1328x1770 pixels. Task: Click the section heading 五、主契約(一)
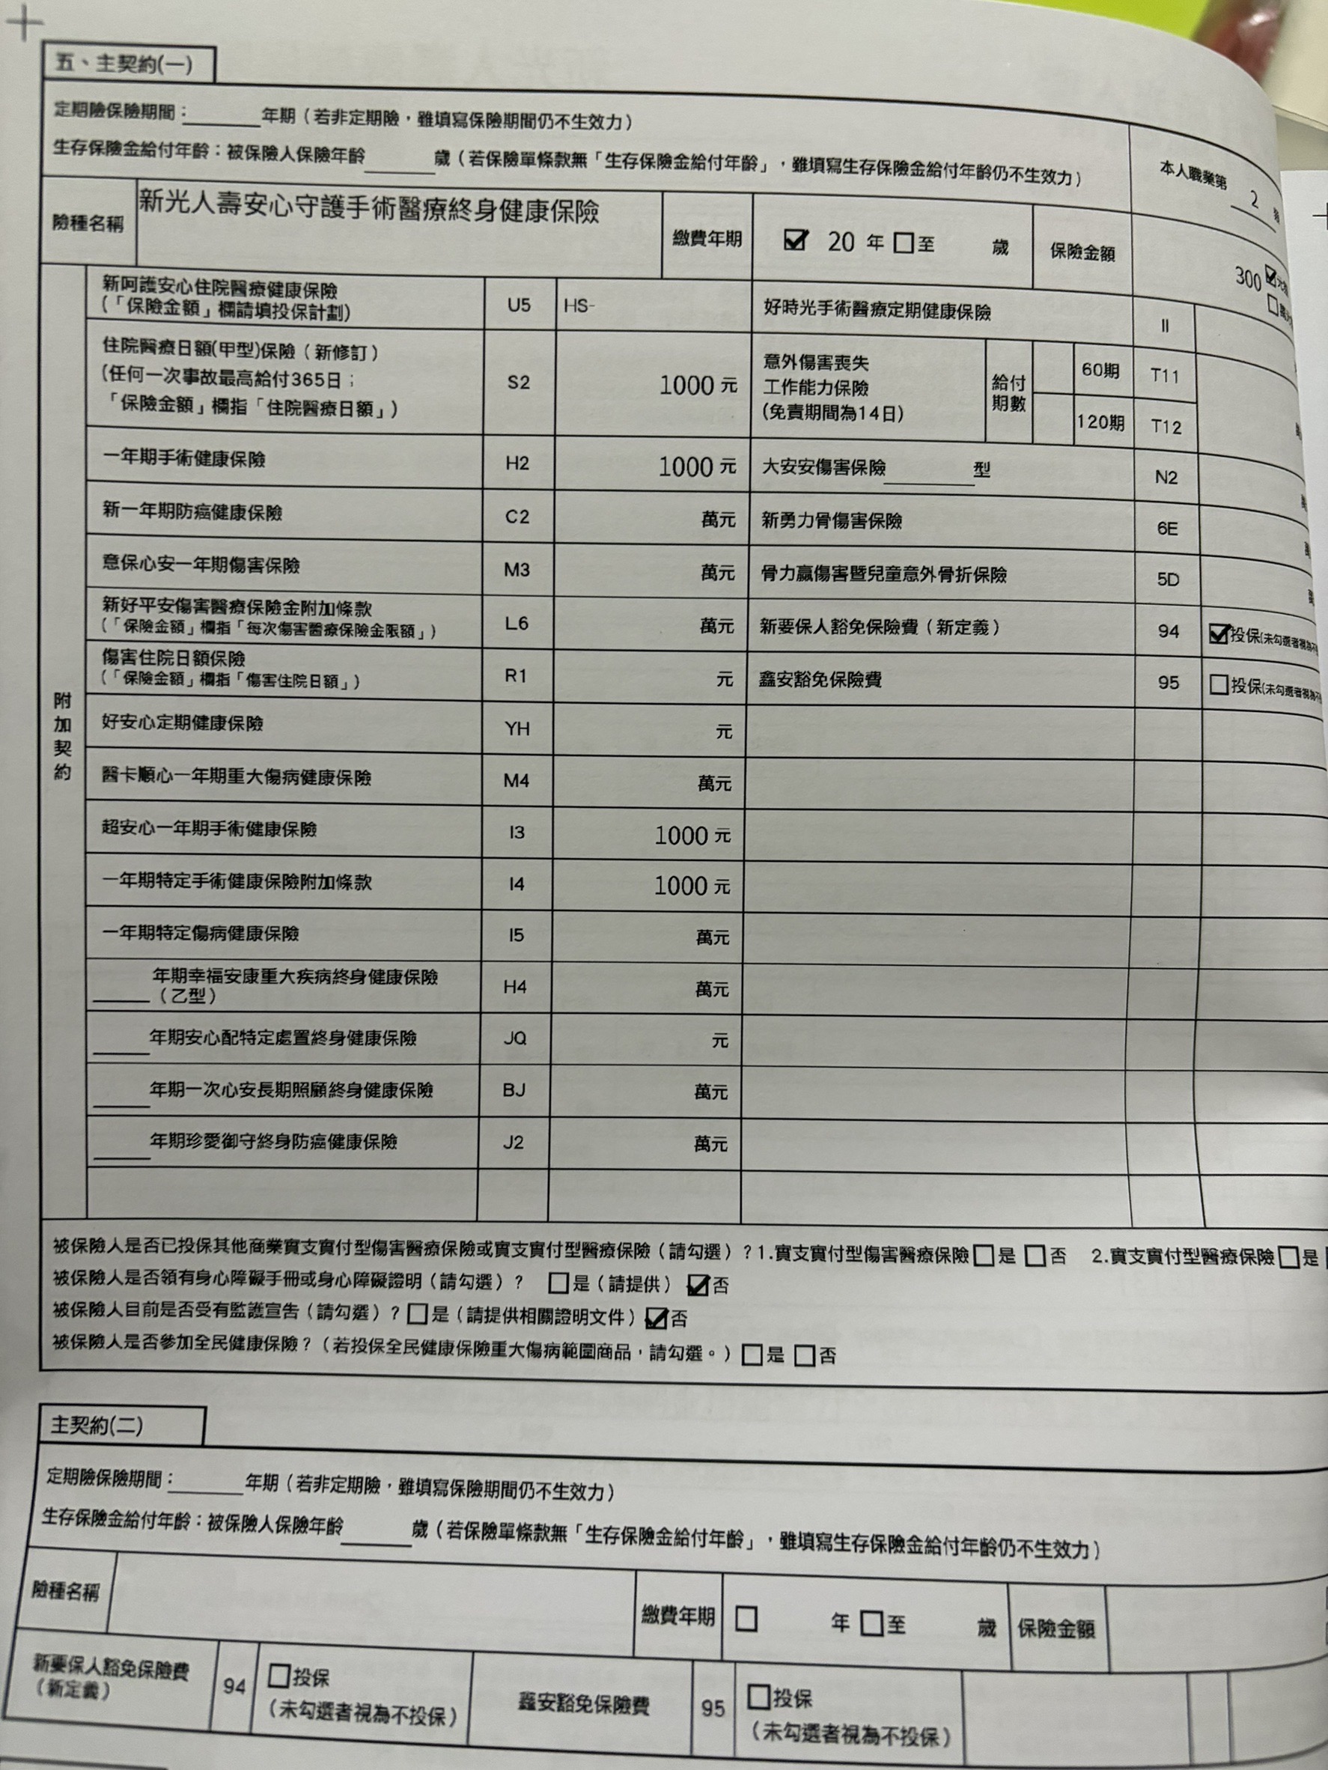pos(125,63)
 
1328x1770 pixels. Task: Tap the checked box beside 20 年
pos(795,240)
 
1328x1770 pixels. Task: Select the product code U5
pos(519,305)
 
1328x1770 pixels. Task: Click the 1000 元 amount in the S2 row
pos(697,386)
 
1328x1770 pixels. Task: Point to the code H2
pos(517,463)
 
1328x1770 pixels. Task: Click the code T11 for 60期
pos(1165,375)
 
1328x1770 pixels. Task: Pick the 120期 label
pos(1100,422)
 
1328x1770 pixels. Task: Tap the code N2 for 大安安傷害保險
pos(1166,478)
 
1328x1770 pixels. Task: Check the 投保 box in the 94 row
pos(1219,634)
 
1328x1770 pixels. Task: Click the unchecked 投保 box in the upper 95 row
pos(1219,685)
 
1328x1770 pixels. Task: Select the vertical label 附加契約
pos(62,736)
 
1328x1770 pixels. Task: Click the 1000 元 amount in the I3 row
pos(692,836)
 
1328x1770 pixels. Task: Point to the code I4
pos(516,884)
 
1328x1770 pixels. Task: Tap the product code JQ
pos(514,1038)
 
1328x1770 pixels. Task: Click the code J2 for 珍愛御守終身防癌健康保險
pos(513,1142)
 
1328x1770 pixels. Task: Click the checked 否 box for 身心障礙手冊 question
pos(698,1285)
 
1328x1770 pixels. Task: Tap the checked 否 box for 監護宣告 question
pos(656,1318)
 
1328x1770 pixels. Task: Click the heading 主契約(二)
pos(97,1425)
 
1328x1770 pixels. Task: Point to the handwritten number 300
pos(1247,278)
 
